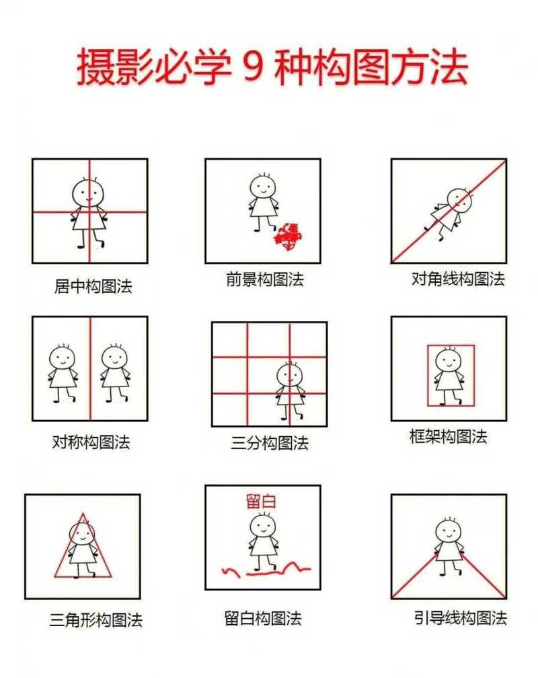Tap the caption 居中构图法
(93, 286)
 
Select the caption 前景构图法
(265, 279)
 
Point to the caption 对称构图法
(91, 442)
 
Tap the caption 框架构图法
(448, 436)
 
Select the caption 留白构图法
(263, 617)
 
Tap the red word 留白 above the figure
(262, 501)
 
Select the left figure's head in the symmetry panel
(63, 358)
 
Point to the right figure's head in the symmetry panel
(114, 358)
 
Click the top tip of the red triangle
(83, 514)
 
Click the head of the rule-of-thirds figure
(290, 375)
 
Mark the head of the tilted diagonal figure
(459, 200)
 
